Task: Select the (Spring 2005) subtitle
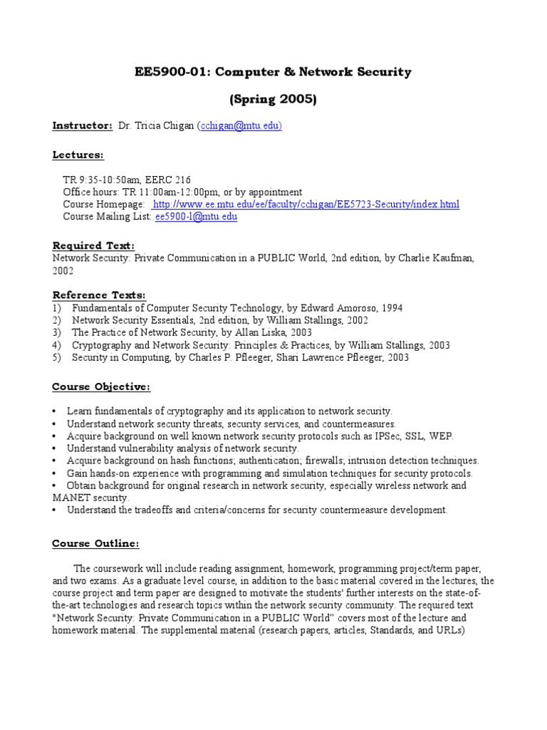[273, 99]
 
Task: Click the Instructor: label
[83, 126]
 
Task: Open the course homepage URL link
[306, 205]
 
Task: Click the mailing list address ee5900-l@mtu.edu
[196, 217]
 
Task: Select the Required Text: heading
[93, 245]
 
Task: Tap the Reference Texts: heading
[99, 294]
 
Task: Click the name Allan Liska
[256, 333]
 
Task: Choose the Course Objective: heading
[101, 387]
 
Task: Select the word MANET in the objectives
[69, 498]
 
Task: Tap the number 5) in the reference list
[57, 358]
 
